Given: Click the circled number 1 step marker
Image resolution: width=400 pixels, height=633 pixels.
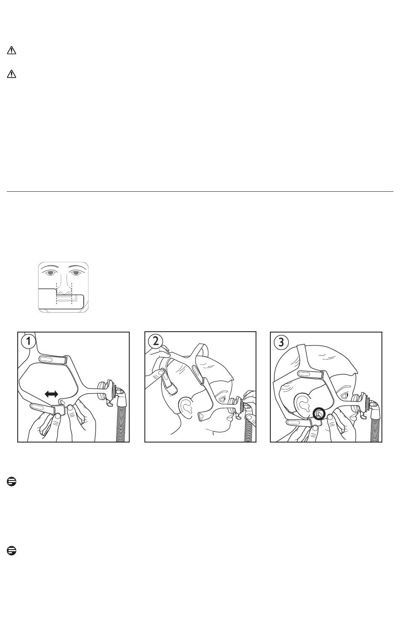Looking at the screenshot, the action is [28, 342].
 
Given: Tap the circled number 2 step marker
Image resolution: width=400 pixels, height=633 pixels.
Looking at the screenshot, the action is [155, 341].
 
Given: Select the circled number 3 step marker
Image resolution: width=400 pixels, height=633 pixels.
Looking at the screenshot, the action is [281, 342].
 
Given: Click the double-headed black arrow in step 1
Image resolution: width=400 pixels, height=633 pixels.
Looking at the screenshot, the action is [51, 394].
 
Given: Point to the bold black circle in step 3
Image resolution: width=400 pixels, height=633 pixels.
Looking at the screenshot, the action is [319, 414].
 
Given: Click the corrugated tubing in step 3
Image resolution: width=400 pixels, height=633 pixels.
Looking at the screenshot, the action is [375, 424].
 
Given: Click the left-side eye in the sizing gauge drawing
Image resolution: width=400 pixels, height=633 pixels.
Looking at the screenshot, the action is [51, 273].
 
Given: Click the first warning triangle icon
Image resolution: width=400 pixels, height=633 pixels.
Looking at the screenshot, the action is [11, 51].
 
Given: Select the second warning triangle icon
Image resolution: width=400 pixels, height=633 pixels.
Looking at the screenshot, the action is [11, 74].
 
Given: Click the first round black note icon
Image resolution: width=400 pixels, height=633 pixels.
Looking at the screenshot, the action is [11, 482].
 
